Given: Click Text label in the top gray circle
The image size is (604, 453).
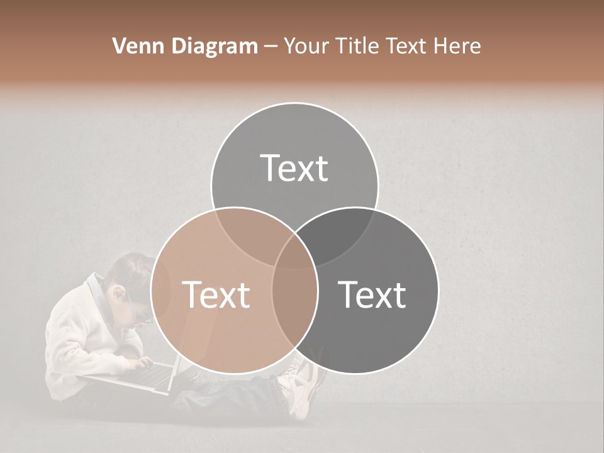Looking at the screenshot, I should (294, 168).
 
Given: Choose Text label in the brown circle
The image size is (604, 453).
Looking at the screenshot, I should (216, 294).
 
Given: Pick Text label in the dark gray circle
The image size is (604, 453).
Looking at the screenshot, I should (372, 294).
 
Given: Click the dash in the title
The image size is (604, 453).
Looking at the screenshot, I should (271, 47).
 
